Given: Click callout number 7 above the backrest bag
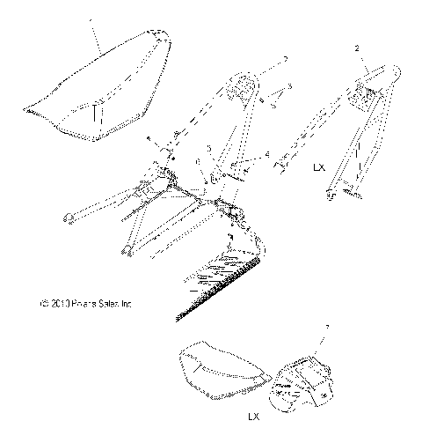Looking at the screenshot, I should (x=329, y=328).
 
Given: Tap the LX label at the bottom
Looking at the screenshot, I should (x=253, y=415).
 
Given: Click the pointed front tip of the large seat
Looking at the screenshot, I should (x=29, y=110).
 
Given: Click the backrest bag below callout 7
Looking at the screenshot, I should (x=303, y=379).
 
